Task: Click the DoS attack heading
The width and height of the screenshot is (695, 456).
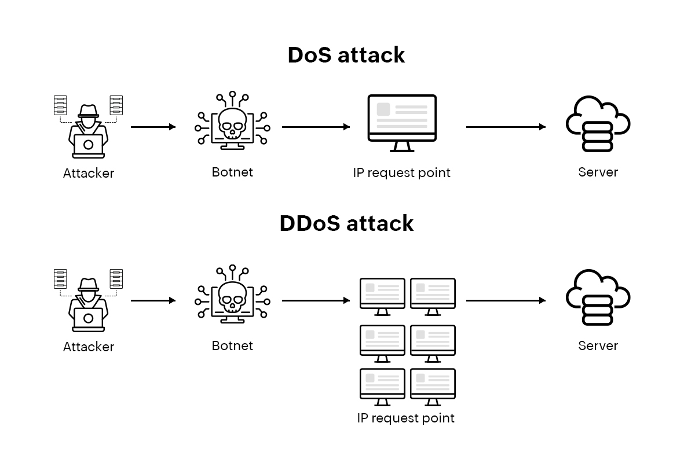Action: coord(346,56)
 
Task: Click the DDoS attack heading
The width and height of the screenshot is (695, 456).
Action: coord(346,223)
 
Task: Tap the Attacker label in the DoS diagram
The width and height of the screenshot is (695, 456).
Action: coord(89,173)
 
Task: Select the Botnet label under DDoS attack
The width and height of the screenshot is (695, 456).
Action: coord(232,345)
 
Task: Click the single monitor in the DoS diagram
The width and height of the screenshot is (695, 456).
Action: coord(402,122)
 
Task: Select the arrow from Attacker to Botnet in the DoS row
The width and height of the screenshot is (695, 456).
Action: coord(153,127)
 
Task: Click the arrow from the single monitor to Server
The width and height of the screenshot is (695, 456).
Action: coord(505,127)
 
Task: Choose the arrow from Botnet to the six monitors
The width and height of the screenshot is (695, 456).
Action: coord(316,300)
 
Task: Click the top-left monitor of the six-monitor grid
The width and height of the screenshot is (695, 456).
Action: coord(382,295)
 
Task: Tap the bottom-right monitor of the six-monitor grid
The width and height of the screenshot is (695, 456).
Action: coord(433,385)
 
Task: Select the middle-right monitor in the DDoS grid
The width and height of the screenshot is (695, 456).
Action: coord(433,341)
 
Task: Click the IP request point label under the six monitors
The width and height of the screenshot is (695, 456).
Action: coord(405,418)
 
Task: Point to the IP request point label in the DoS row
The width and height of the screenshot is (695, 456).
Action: coord(401,172)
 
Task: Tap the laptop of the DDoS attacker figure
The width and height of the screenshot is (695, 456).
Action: coord(89,319)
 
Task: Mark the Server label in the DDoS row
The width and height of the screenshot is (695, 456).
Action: coord(598,345)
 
